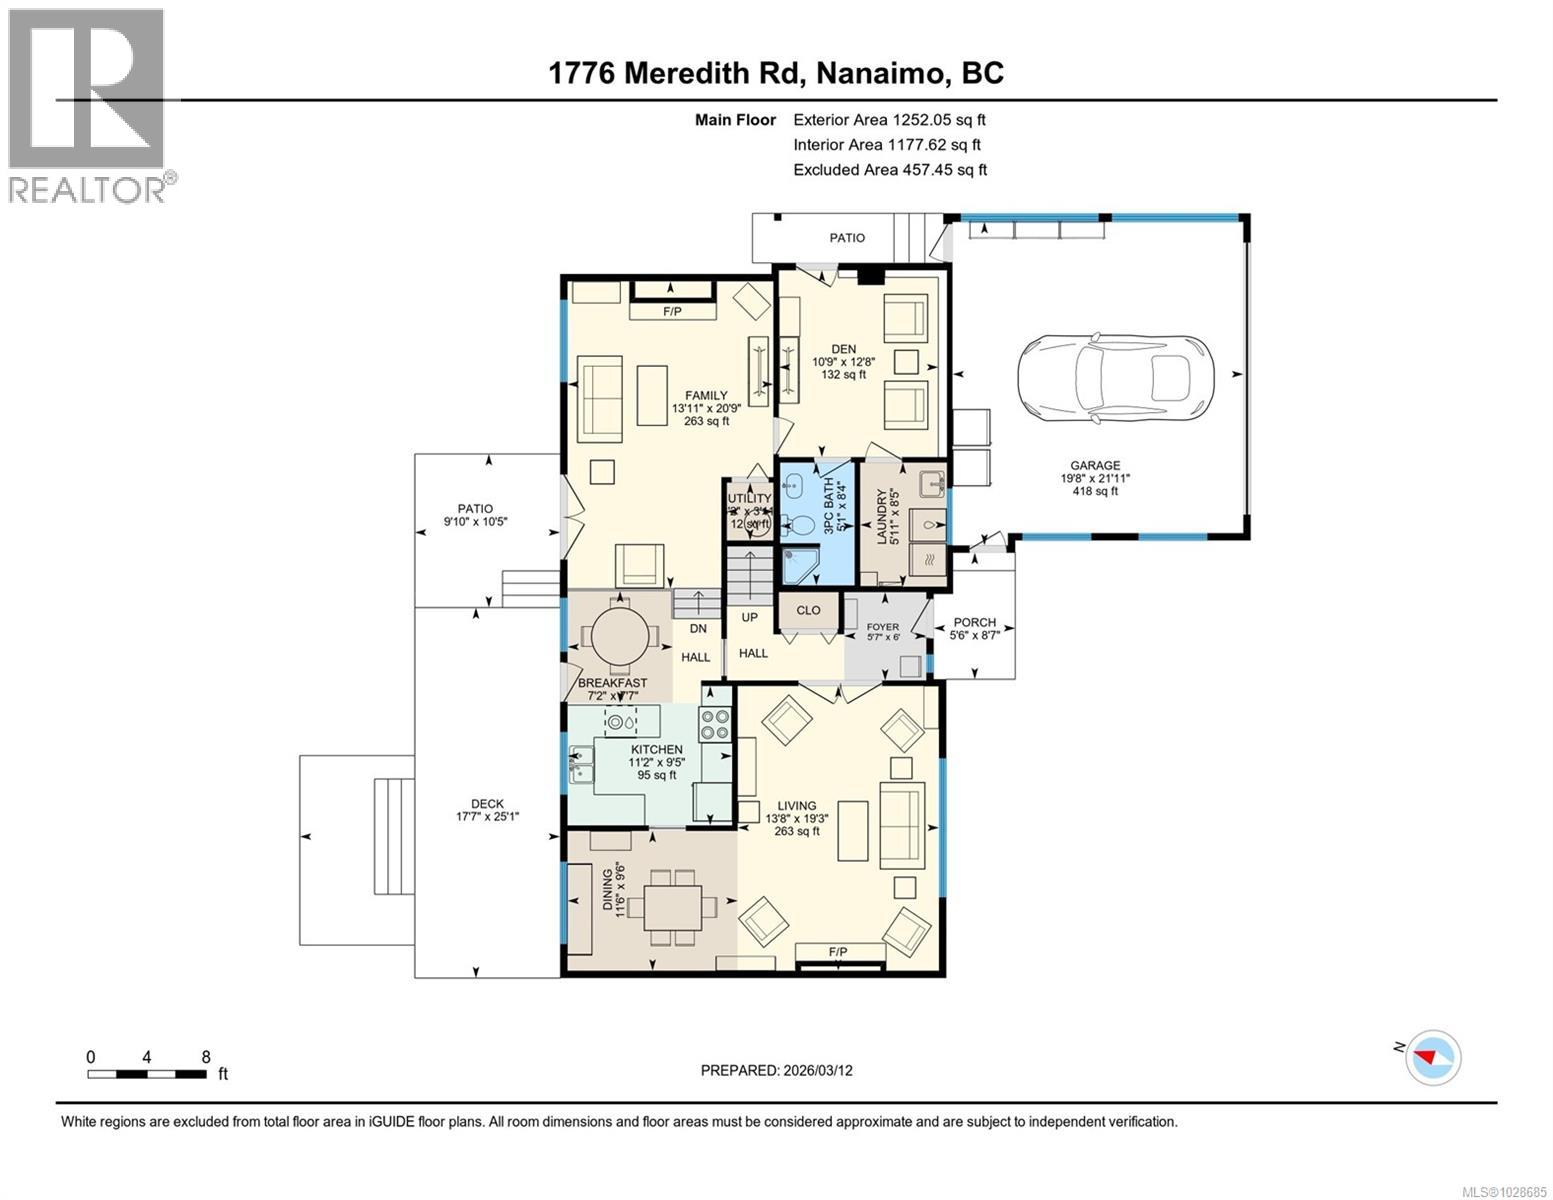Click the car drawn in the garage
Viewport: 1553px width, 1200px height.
point(1114,378)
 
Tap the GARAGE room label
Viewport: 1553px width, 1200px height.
point(1095,465)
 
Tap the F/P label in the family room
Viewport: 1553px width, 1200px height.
point(672,312)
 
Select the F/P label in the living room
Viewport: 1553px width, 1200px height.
point(838,952)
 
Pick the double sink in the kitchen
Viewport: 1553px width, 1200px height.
point(581,765)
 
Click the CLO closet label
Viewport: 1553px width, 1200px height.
point(808,610)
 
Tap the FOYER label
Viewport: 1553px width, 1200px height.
point(882,627)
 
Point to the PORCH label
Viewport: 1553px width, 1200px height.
point(974,622)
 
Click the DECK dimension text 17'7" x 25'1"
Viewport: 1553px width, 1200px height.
point(488,816)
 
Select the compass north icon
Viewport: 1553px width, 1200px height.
point(1433,1056)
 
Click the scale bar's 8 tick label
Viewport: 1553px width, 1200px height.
point(206,1057)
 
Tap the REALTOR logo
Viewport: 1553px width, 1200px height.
point(88,105)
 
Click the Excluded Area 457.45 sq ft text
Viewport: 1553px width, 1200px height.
point(890,170)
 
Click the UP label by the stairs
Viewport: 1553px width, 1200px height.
point(749,618)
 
